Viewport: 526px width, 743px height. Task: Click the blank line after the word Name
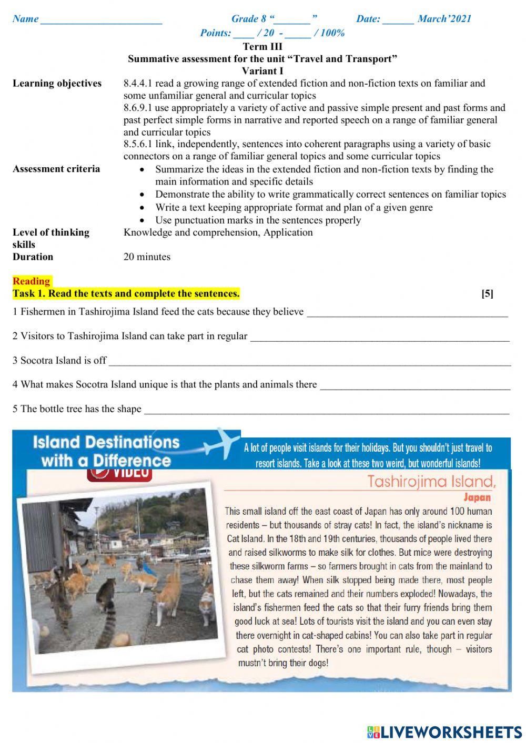[101, 21]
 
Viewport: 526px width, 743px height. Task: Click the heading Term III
[262, 46]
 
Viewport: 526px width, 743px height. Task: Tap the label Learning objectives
[57, 84]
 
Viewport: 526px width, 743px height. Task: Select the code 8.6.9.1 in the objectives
[138, 108]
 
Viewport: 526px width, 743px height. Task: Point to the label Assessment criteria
[56, 169]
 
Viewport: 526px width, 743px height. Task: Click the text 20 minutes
[147, 257]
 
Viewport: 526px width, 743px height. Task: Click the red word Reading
[32, 281]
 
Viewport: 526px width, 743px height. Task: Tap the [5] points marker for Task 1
[487, 294]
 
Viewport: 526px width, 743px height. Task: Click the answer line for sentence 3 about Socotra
[309, 362]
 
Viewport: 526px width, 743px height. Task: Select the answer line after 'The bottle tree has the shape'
[326, 411]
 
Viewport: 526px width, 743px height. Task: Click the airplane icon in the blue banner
[220, 443]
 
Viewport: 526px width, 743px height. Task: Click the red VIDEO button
[119, 473]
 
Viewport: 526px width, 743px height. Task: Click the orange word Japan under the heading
[477, 497]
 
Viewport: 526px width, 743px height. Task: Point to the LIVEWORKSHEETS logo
[444, 731]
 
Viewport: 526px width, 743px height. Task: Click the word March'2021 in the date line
[444, 19]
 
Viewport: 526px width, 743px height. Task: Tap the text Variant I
[262, 70]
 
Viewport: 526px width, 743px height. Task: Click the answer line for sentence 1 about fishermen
[407, 314]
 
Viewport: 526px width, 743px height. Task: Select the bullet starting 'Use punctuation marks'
[258, 220]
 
